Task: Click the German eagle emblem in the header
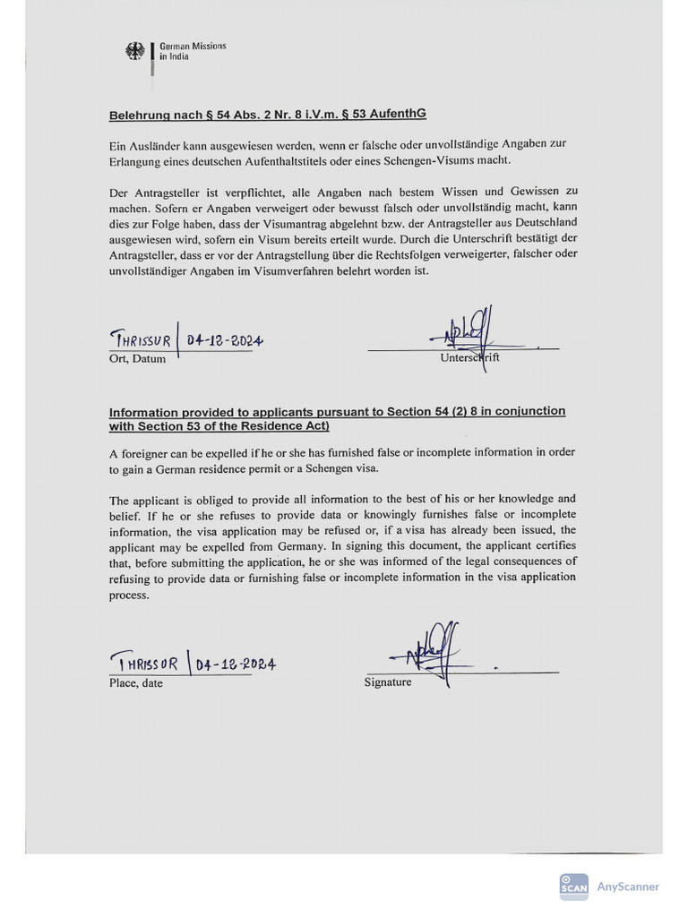click(x=135, y=52)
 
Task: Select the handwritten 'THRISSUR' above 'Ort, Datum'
click(x=141, y=341)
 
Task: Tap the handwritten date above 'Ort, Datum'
click(x=224, y=341)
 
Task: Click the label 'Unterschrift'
click(x=469, y=358)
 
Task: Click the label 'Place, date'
click(x=136, y=682)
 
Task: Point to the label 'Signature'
click(x=388, y=682)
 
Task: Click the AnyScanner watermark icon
click(x=573, y=886)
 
